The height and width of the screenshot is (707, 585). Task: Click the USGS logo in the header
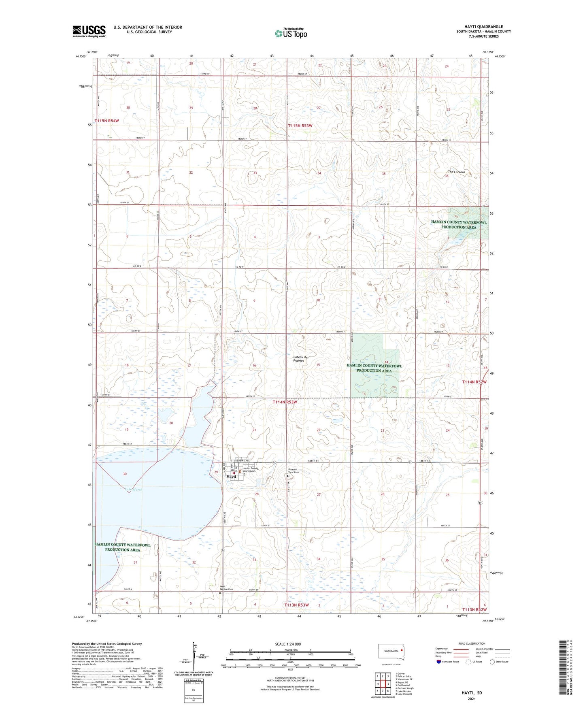pos(89,31)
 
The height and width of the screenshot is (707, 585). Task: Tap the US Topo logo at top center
pos(291,33)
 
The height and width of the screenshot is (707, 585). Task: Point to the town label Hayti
pos(231,477)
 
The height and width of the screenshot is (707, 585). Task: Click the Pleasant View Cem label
pos(293,471)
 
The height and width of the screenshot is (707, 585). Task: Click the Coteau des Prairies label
pos(300,359)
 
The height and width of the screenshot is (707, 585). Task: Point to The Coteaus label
pos(456,172)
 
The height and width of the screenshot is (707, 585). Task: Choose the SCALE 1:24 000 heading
pos(288,644)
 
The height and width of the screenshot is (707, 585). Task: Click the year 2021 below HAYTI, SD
pos(472,698)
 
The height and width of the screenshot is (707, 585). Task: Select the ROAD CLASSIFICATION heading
pos(472,643)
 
